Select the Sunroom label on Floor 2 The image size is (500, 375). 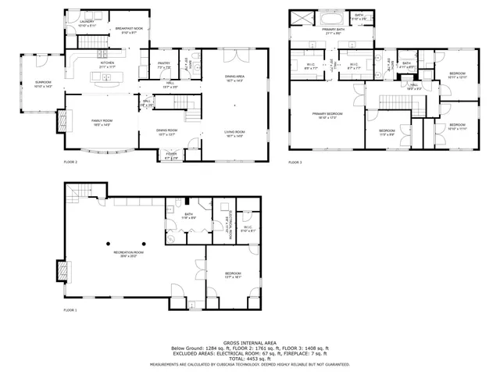click(x=43, y=84)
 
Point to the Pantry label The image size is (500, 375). click(x=164, y=66)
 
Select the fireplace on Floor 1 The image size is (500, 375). click(x=60, y=270)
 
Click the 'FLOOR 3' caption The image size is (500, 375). click(x=295, y=162)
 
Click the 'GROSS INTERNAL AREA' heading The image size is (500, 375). click(x=250, y=343)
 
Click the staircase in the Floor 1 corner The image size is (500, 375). click(x=74, y=191)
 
